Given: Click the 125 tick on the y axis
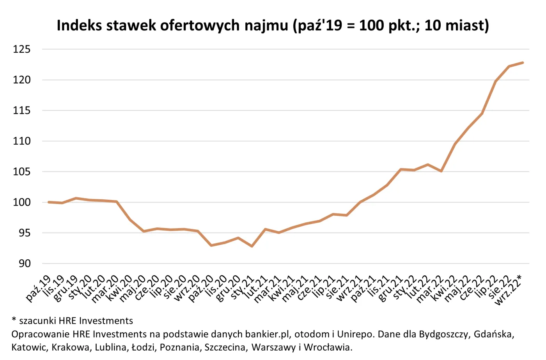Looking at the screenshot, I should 21,49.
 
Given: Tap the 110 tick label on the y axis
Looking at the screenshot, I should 21,141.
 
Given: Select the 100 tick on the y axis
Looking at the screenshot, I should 21,202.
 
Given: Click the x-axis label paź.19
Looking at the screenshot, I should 39,288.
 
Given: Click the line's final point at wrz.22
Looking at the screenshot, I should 523,62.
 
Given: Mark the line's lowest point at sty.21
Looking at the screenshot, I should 252,247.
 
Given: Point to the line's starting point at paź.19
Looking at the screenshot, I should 48,202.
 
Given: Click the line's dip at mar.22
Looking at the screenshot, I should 441,171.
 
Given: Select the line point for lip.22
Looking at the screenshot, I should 495,82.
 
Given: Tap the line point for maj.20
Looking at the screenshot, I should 144,231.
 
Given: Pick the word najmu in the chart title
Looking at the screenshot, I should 266,25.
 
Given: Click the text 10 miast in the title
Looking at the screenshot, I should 457,25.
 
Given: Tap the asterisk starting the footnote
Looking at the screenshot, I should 14,320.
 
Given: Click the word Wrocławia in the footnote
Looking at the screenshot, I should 328,347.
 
